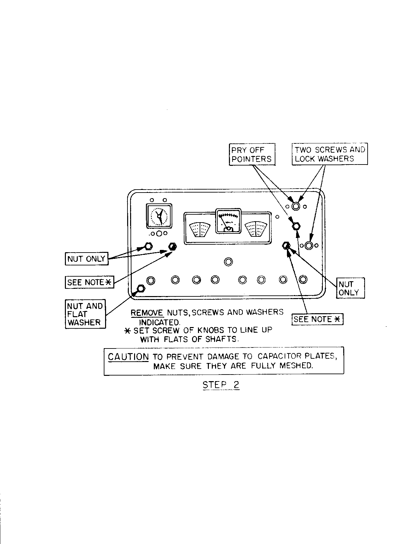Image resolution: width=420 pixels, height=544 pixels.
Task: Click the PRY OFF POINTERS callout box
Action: point(252,154)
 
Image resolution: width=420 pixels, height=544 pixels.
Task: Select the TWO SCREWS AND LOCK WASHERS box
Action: point(330,154)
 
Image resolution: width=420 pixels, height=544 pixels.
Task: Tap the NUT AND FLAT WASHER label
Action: point(85,314)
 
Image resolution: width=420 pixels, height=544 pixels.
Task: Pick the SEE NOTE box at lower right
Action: point(317,319)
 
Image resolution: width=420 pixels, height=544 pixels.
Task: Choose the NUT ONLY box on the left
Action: point(86,259)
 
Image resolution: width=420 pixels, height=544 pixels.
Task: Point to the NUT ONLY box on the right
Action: point(350,288)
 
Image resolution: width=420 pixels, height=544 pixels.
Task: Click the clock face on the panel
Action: point(159,217)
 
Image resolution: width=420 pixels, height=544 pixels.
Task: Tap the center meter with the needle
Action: point(228,221)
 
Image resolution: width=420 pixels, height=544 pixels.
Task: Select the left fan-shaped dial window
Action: point(200,229)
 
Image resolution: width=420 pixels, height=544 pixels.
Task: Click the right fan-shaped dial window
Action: point(256,229)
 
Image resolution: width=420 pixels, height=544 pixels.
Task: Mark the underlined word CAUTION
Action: point(128,357)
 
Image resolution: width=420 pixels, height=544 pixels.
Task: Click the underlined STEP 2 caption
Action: point(221,385)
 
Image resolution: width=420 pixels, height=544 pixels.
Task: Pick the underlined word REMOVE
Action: point(147,313)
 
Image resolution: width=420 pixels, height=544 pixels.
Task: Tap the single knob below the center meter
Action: point(228,262)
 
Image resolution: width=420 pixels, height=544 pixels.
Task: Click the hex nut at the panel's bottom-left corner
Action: point(141,289)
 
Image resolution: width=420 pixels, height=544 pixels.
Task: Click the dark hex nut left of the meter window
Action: point(172,247)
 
